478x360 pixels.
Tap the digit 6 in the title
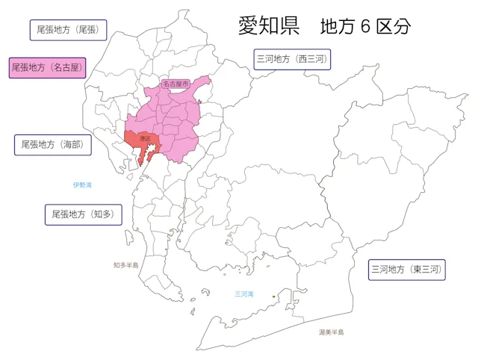point(364,26)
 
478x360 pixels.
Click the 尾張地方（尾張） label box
point(67,30)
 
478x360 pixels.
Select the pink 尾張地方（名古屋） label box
point(46,67)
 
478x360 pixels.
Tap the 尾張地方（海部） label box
point(52,144)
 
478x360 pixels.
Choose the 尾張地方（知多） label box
point(83,214)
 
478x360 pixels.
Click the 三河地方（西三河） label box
point(291,58)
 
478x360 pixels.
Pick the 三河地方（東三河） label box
point(407,270)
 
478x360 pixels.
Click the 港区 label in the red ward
point(144,139)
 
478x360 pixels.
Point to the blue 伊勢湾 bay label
point(82,184)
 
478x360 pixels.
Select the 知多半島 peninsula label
point(125,265)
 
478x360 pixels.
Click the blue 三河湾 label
point(244,294)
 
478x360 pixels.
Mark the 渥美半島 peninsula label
point(331,332)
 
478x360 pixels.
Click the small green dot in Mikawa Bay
point(274,297)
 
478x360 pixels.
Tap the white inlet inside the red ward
point(149,153)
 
